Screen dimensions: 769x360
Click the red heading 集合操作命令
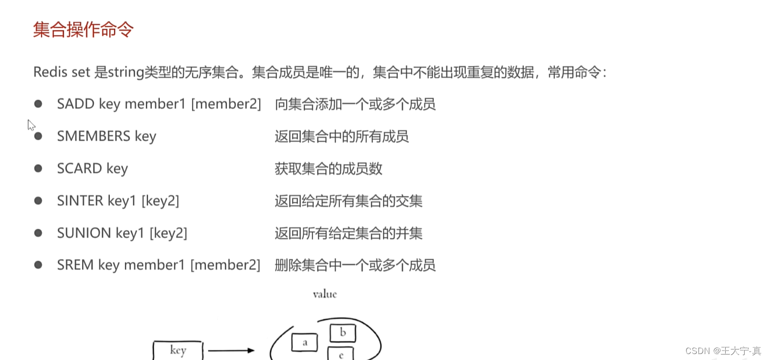click(x=83, y=30)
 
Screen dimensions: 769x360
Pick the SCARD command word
click(x=80, y=169)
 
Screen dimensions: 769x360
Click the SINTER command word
click(x=80, y=201)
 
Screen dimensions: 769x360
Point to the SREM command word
click(x=75, y=265)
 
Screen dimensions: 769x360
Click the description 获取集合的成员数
click(x=328, y=169)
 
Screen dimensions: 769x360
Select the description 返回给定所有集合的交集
click(x=348, y=201)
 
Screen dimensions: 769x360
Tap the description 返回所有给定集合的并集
click(x=348, y=233)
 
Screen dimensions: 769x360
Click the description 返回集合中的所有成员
click(x=342, y=136)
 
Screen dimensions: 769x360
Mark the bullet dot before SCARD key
click(x=38, y=168)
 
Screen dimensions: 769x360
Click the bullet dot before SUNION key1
click(x=38, y=233)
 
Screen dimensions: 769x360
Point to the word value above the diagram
click(x=325, y=294)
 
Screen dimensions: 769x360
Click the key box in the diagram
click(x=178, y=350)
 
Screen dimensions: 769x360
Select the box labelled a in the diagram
click(x=304, y=342)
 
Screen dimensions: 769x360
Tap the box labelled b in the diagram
click(x=343, y=332)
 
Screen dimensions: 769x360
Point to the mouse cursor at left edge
click(x=31, y=124)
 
